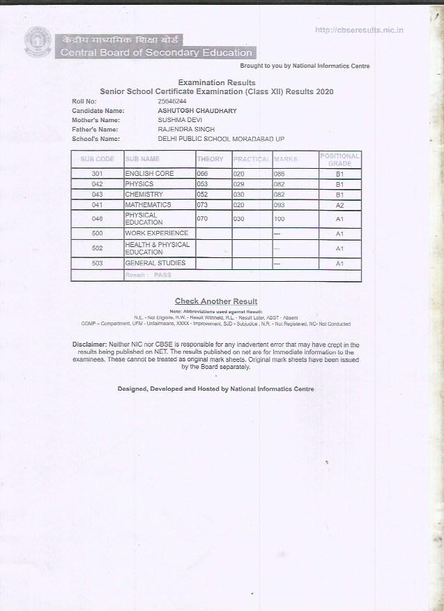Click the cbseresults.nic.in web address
tap(360, 30)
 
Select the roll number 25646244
tap(172, 101)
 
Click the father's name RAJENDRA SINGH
tap(186, 129)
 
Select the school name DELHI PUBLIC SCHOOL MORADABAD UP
tap(222, 139)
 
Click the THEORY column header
tap(210, 160)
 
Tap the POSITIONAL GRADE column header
tap(339, 160)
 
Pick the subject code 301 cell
tap(97, 173)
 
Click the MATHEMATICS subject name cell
tap(148, 205)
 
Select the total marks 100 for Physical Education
tap(280, 219)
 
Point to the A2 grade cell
tap(339, 205)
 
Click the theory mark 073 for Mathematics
tap(203, 205)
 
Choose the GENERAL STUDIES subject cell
tap(155, 263)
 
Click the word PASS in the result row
tap(162, 276)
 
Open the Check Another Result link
tap(215, 301)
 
